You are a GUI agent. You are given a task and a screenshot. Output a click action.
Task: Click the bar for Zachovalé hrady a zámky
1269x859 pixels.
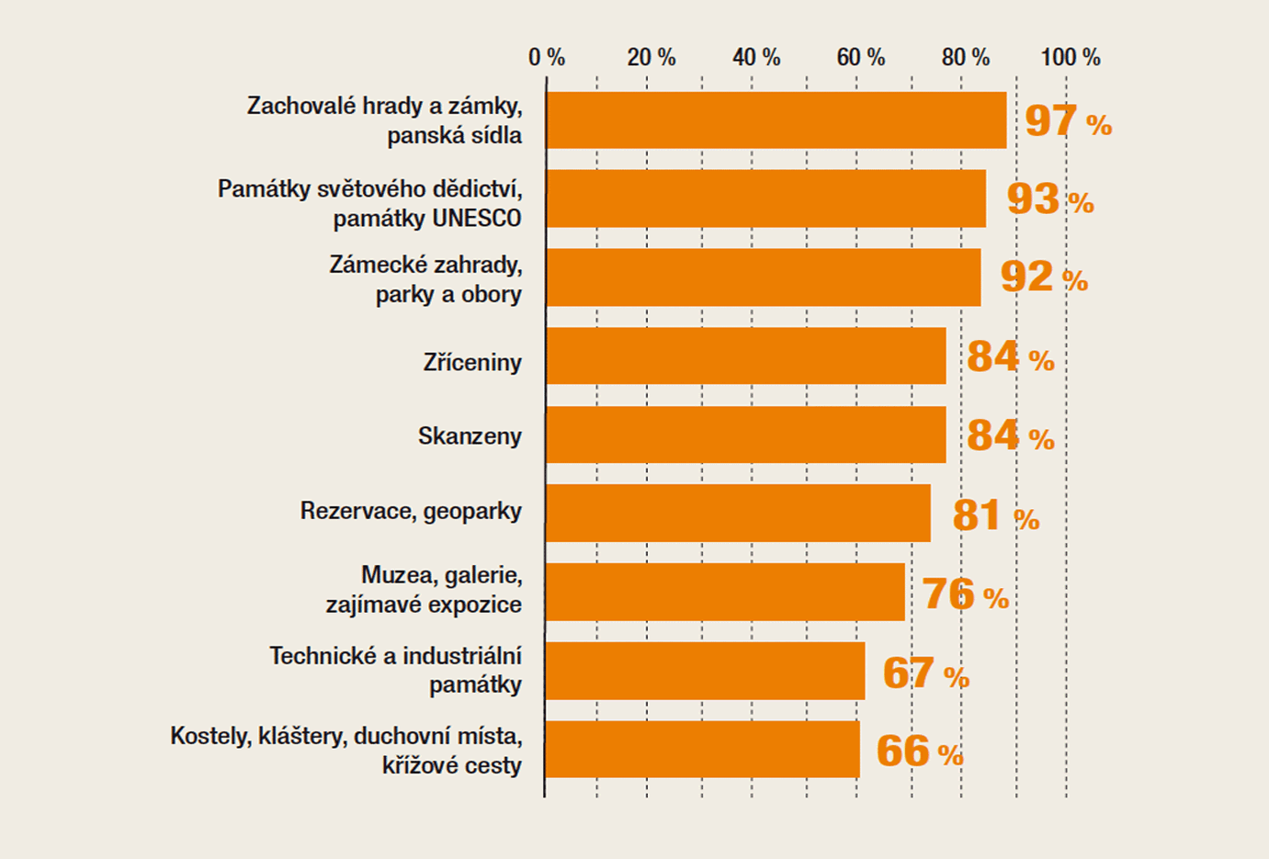[x=776, y=119]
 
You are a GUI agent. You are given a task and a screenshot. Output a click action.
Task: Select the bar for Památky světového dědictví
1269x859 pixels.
[x=765, y=198]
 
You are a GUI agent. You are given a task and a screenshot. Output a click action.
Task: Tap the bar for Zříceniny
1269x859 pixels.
[x=745, y=356]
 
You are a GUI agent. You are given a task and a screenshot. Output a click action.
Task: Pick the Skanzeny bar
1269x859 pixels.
[x=745, y=435]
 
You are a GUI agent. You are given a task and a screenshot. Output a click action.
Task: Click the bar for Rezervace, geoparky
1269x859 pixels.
[x=738, y=513]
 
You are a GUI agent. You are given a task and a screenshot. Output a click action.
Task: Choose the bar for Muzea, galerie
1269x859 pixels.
[x=725, y=592]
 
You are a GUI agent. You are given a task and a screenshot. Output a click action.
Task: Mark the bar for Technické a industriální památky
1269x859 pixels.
[x=705, y=671]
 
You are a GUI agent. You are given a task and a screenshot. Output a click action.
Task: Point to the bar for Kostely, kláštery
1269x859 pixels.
[x=702, y=750]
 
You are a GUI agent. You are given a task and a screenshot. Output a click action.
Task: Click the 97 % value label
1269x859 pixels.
[x=1068, y=120]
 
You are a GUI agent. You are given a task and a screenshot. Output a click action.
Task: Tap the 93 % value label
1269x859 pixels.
[x=1049, y=198]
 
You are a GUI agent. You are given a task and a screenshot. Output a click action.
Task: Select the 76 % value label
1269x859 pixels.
[x=965, y=593]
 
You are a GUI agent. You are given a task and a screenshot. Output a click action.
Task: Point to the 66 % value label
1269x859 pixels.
[x=919, y=752]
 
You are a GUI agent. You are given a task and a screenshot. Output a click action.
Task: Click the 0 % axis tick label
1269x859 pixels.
[x=547, y=57]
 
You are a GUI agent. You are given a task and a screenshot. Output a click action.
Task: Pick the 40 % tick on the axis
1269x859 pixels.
[x=756, y=57]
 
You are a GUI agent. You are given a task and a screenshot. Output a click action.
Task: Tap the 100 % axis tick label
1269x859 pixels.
[x=1071, y=57]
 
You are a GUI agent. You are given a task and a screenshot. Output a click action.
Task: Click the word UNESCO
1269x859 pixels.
[x=475, y=219]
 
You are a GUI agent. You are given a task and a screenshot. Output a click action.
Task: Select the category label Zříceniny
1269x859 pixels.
[x=472, y=362]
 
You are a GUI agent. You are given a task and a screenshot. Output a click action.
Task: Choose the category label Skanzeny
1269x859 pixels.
[x=470, y=435]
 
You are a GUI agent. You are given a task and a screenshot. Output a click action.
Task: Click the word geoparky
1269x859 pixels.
[x=472, y=512]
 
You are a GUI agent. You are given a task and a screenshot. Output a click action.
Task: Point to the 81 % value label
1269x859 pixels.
[x=995, y=515]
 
